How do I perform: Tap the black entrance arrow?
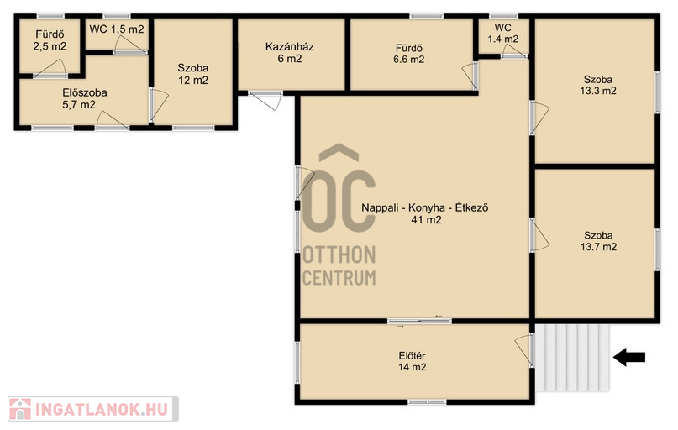click(x=629, y=358)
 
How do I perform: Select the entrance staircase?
click(x=572, y=358)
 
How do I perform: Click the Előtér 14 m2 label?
click(x=412, y=361)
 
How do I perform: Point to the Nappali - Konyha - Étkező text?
click(x=425, y=207)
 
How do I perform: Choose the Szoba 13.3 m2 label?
click(x=598, y=85)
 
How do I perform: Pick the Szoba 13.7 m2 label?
click(x=598, y=241)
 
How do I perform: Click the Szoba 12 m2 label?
click(x=193, y=74)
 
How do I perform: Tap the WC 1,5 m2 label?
click(x=117, y=29)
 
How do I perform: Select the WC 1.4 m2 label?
click(x=503, y=34)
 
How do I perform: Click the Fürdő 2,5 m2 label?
click(x=50, y=40)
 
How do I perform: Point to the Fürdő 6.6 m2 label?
click(x=408, y=54)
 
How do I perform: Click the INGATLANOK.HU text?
click(x=102, y=409)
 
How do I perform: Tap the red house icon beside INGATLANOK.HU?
click(x=20, y=409)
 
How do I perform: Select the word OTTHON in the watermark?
click(x=339, y=255)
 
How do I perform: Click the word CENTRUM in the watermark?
click(x=339, y=278)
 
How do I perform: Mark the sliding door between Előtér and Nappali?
click(x=419, y=321)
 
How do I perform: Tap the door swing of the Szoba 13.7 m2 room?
click(x=539, y=235)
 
